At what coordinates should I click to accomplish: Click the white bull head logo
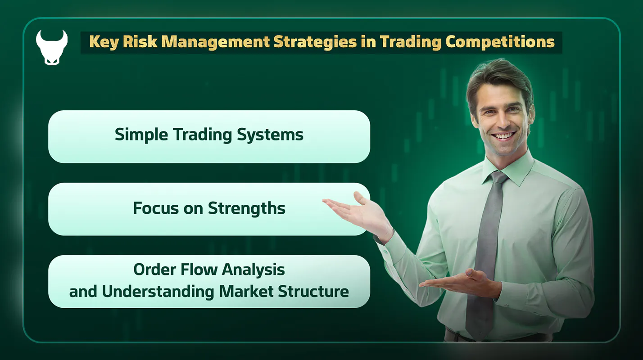coord(51,47)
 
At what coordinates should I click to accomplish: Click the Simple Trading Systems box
coord(209,136)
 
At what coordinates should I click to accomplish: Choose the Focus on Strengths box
coord(209,209)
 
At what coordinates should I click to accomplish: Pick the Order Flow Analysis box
coord(209,281)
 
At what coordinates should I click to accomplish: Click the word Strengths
coord(246,208)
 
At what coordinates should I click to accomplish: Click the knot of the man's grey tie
coord(498,176)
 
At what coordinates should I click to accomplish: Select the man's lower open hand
coord(455,282)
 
